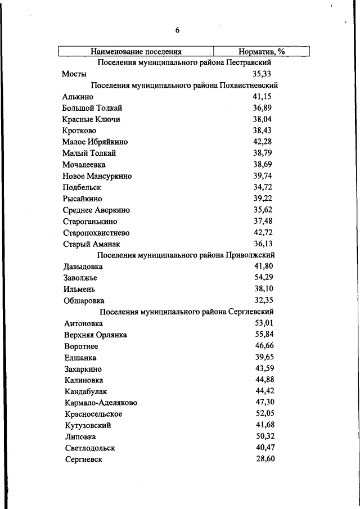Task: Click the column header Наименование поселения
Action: tap(136, 52)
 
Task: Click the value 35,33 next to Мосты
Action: tap(263, 74)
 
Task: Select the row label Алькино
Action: tap(78, 97)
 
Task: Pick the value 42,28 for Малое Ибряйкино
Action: tap(263, 142)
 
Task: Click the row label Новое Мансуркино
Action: tap(97, 176)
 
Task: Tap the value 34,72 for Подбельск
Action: tap(263, 187)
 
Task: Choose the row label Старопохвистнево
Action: tap(97, 233)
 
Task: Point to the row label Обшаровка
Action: tap(84, 301)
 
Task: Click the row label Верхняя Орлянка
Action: tap(96, 335)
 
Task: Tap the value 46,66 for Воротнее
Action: tap(265, 346)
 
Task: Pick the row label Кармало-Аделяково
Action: tap(101, 403)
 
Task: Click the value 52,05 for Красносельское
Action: tap(265, 414)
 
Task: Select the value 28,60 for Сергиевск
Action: tap(265, 459)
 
